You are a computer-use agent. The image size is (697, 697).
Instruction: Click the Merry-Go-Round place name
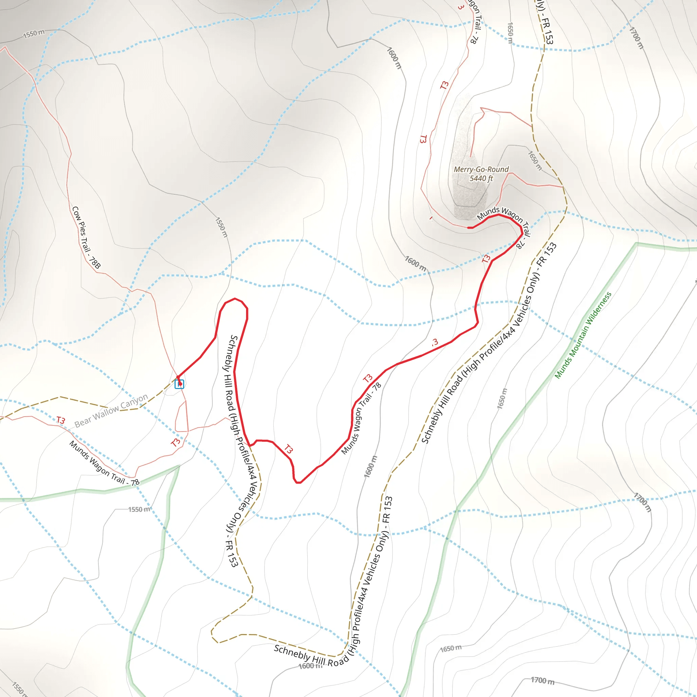click(x=481, y=169)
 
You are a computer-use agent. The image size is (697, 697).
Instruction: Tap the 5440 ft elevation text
click(x=481, y=178)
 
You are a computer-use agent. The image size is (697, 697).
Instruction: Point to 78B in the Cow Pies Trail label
click(x=95, y=262)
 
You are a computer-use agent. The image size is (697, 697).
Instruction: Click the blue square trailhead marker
click(x=179, y=384)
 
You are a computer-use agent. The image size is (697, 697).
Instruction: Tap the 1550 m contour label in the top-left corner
click(x=34, y=34)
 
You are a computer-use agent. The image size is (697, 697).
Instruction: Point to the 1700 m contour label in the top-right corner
click(x=636, y=37)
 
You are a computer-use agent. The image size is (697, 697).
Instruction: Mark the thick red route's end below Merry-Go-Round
click(x=469, y=228)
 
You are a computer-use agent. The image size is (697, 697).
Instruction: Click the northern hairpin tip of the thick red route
click(x=235, y=299)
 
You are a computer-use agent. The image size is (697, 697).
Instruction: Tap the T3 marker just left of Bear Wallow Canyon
click(x=61, y=420)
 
